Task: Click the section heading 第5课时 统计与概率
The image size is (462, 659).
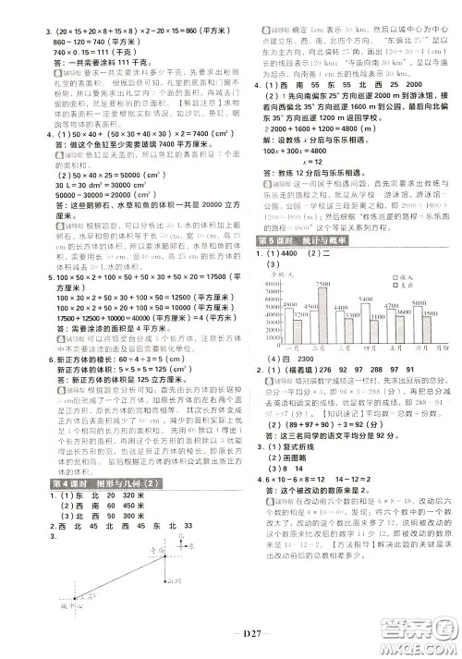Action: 294,240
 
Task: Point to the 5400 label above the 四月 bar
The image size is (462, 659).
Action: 366,298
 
